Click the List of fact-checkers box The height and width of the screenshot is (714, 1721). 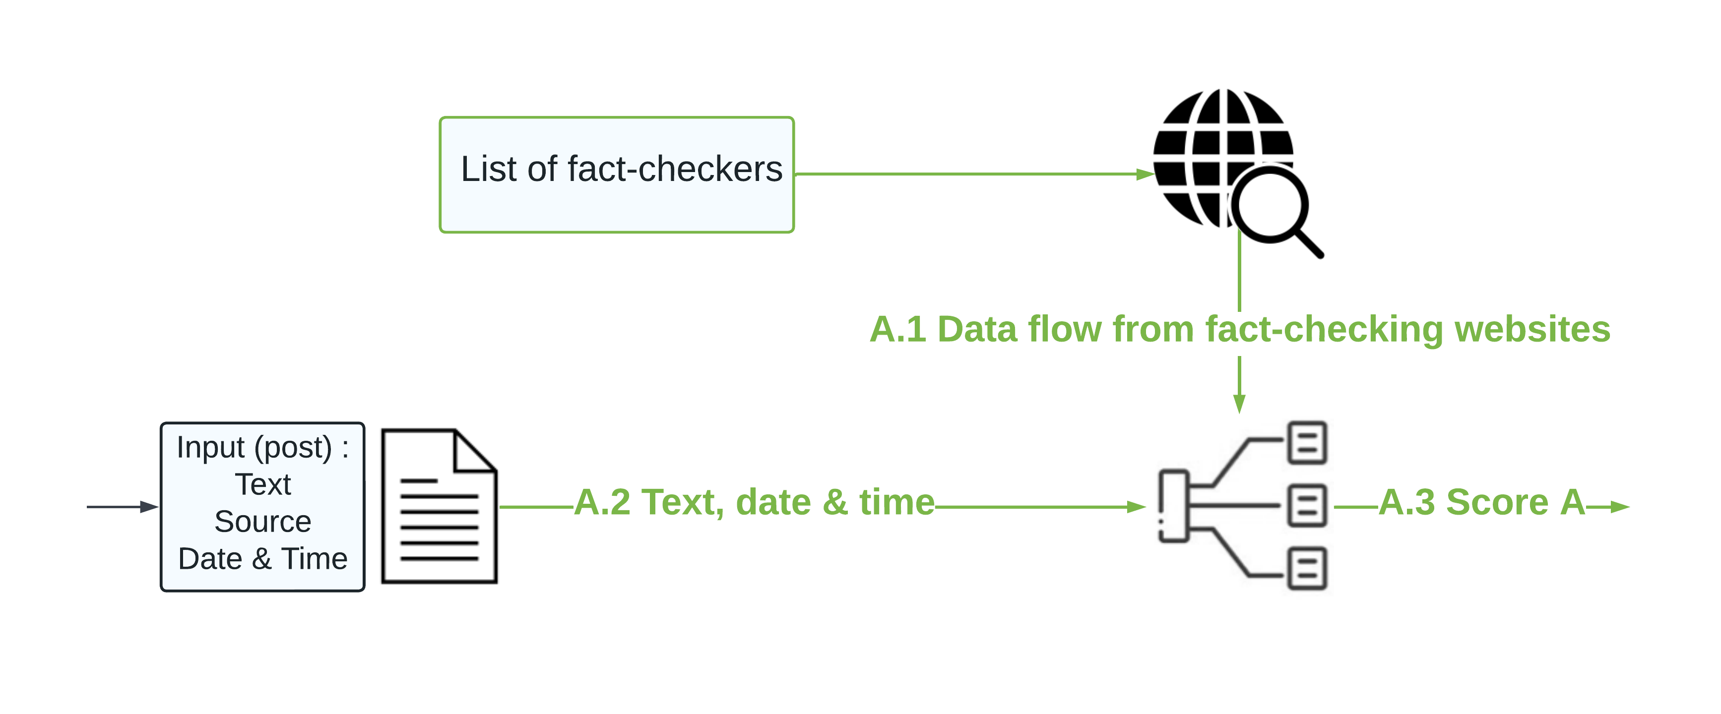[617, 175]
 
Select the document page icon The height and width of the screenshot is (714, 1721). [439, 506]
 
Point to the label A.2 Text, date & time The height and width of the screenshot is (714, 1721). [754, 502]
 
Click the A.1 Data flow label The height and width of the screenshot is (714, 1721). [1240, 329]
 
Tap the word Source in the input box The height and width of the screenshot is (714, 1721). [262, 522]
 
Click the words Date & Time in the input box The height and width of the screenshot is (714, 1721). [262, 558]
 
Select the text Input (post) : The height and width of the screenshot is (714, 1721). [262, 448]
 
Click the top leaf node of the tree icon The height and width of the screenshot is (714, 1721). [1307, 442]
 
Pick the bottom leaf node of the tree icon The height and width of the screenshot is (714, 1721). [1307, 569]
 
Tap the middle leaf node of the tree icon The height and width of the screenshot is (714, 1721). [1307, 506]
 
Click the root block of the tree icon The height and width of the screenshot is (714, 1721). [1174, 506]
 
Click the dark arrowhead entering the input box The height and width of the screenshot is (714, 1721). [149, 507]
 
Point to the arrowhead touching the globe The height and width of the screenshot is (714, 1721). [1145, 175]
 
